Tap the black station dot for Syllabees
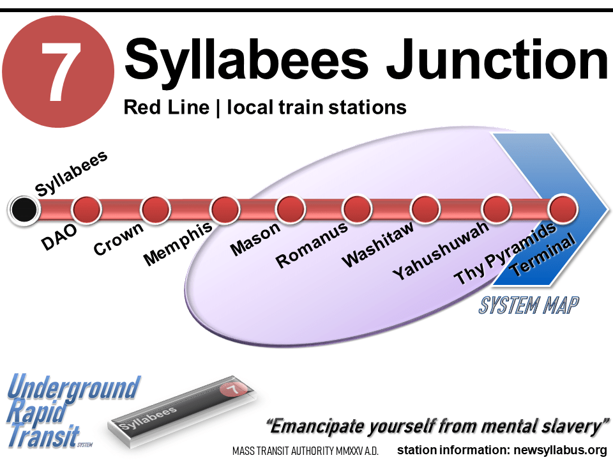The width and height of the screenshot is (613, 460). pos(24,208)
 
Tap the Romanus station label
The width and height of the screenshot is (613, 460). pos(312,245)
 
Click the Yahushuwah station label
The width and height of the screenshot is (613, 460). pos(441,250)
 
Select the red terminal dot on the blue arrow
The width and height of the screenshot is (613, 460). pos(563,209)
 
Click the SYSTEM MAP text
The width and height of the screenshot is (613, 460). pos(529,305)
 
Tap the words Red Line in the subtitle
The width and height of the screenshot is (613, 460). pos(166,107)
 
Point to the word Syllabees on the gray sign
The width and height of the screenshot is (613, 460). pos(148,418)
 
